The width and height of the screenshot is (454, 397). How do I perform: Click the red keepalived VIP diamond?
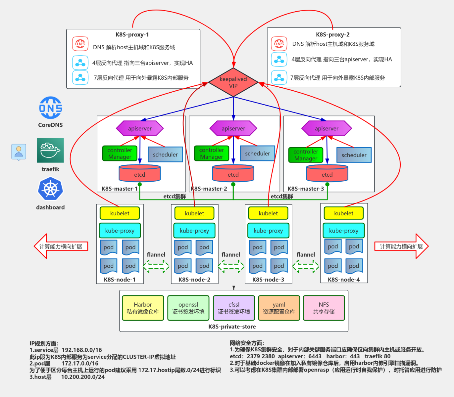[x=233, y=82]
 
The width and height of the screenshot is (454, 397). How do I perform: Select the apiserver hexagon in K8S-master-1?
[x=140, y=128]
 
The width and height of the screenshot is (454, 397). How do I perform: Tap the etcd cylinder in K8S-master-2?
[x=233, y=174]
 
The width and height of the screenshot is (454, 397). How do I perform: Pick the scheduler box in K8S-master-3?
[x=354, y=155]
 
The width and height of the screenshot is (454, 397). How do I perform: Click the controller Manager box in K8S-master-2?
[x=212, y=154]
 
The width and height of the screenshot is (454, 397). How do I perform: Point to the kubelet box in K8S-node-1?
[x=120, y=213]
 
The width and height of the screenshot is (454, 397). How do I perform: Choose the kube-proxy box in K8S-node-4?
[x=343, y=231]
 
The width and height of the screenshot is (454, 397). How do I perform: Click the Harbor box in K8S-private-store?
[x=143, y=308]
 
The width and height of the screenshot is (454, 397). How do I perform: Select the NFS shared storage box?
[x=324, y=308]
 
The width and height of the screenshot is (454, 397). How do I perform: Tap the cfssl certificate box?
[x=234, y=308]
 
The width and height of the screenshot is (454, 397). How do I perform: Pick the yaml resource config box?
[x=279, y=308]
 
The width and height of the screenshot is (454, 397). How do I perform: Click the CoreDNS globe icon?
[x=50, y=108]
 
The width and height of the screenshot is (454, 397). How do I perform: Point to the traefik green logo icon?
[x=50, y=150]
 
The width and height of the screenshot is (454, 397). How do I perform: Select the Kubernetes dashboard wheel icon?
[x=50, y=189]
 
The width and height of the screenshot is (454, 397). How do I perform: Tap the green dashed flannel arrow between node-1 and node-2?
[x=156, y=266]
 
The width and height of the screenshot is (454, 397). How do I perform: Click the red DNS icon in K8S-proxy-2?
[x=279, y=44]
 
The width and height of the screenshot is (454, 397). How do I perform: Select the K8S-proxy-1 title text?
[x=132, y=35]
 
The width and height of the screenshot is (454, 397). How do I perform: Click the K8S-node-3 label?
[x=268, y=280]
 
